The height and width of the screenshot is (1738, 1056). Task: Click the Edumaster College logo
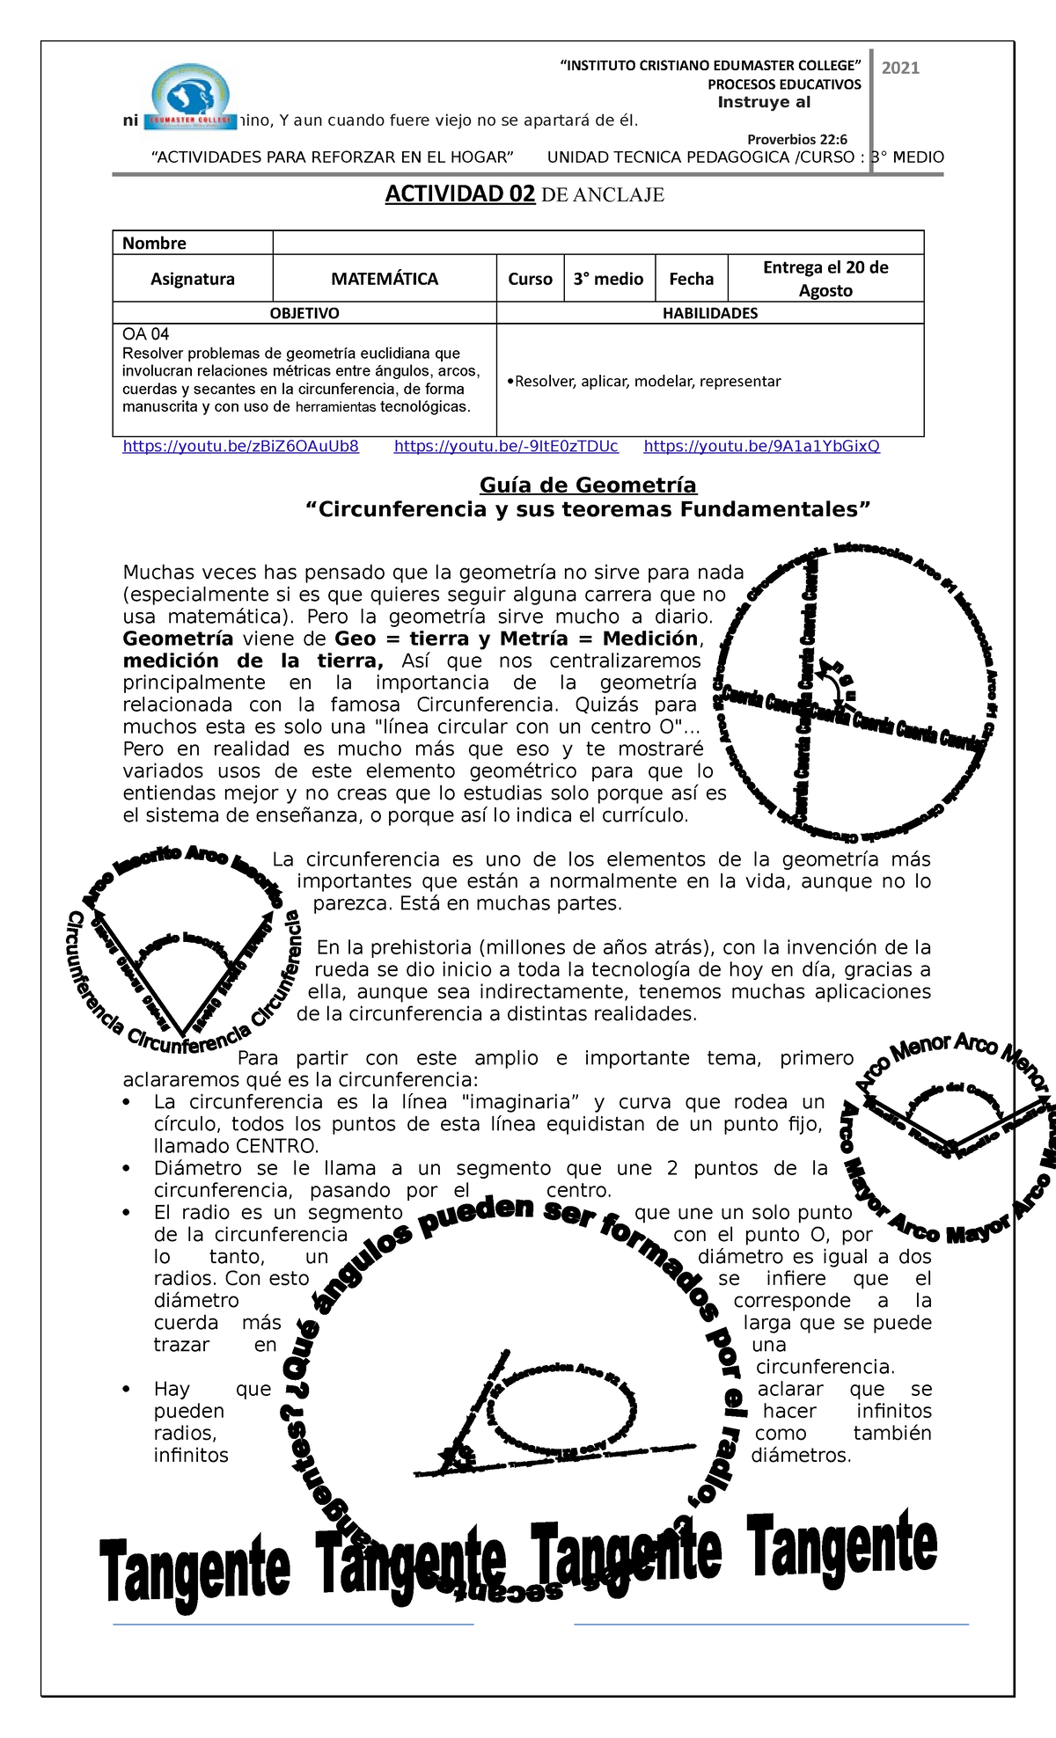pyautogui.click(x=191, y=98)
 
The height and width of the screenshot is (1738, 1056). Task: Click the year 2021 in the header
pyautogui.click(x=900, y=69)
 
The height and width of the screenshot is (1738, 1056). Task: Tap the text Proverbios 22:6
pyautogui.click(x=796, y=139)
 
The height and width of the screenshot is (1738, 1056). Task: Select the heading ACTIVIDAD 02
pyautogui.click(x=459, y=194)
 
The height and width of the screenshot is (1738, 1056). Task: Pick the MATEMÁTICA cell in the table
pyautogui.click(x=385, y=279)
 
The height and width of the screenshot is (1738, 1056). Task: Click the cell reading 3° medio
pyautogui.click(x=608, y=279)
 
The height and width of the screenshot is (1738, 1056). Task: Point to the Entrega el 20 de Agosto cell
pyautogui.click(x=825, y=279)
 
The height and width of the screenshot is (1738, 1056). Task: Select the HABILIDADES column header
pyautogui.click(x=709, y=313)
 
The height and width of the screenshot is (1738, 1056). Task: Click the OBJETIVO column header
pyautogui.click(x=304, y=313)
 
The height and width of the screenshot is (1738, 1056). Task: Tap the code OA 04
pyautogui.click(x=146, y=334)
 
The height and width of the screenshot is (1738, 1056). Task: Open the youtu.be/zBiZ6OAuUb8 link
pyautogui.click(x=240, y=446)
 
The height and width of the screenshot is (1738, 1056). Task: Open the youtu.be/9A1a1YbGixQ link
pyautogui.click(x=761, y=446)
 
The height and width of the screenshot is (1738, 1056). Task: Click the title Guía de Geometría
pyautogui.click(x=588, y=486)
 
